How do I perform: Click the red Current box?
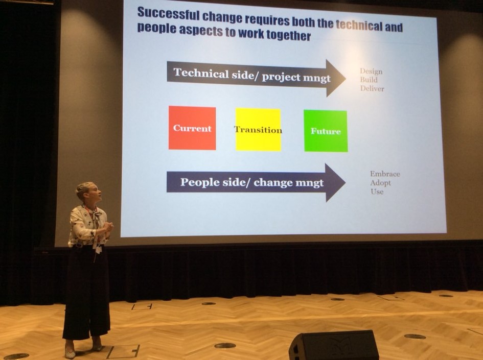[x=192, y=128]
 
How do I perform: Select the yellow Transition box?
[x=258, y=130]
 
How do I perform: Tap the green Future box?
[x=326, y=131]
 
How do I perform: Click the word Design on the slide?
[x=371, y=71]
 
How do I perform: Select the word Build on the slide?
[x=369, y=80]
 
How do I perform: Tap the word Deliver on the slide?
[x=373, y=89]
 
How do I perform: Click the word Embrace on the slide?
[x=385, y=174]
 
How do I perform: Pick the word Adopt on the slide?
[x=380, y=183]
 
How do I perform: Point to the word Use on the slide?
[x=377, y=191]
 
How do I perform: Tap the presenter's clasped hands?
[x=107, y=227]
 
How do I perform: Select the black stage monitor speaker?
[x=334, y=345]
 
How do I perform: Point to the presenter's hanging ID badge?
[x=98, y=249]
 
